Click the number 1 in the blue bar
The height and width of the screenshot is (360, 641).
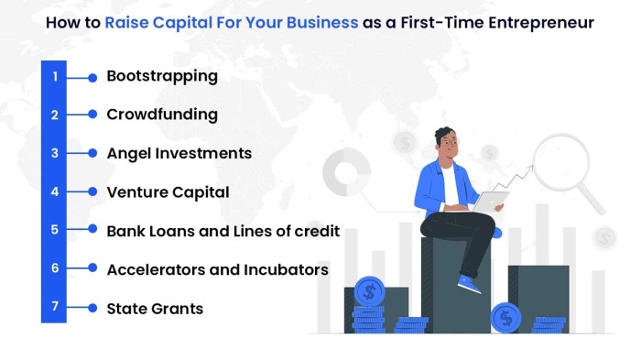(x=55, y=77)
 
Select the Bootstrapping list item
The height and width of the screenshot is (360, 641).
(x=162, y=76)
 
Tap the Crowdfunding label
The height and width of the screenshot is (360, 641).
(x=162, y=115)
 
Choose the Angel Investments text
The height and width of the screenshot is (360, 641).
(x=179, y=153)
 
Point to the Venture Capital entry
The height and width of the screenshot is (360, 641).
(x=168, y=192)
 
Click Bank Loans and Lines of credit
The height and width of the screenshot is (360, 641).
(x=223, y=231)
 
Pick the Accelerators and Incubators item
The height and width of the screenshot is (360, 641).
(x=217, y=269)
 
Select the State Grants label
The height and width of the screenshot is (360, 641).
(x=155, y=308)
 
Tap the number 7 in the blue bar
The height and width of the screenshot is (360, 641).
(x=55, y=307)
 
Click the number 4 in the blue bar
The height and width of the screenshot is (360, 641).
(x=55, y=192)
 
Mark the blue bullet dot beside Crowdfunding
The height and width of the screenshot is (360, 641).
(x=92, y=115)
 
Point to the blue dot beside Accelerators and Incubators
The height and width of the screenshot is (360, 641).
(x=92, y=269)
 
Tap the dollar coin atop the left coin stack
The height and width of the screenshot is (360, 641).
(x=370, y=292)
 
